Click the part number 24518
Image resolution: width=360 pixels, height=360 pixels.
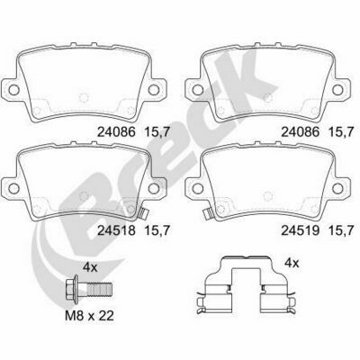[x=117, y=230]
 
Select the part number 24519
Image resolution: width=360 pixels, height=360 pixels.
[x=301, y=230]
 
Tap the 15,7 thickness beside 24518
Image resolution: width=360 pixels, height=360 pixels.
[x=157, y=230]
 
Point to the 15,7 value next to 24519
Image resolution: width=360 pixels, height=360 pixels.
[x=342, y=230]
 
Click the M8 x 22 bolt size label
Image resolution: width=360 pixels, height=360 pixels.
[x=89, y=315]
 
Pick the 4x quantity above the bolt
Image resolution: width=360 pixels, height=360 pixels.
[x=90, y=267]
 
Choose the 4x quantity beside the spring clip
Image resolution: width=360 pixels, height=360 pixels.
[x=292, y=263]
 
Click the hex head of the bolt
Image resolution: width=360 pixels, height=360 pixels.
[x=72, y=289]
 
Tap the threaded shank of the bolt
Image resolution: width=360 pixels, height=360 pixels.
[x=100, y=289]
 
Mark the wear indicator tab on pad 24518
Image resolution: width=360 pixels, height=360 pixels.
[x=143, y=213]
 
